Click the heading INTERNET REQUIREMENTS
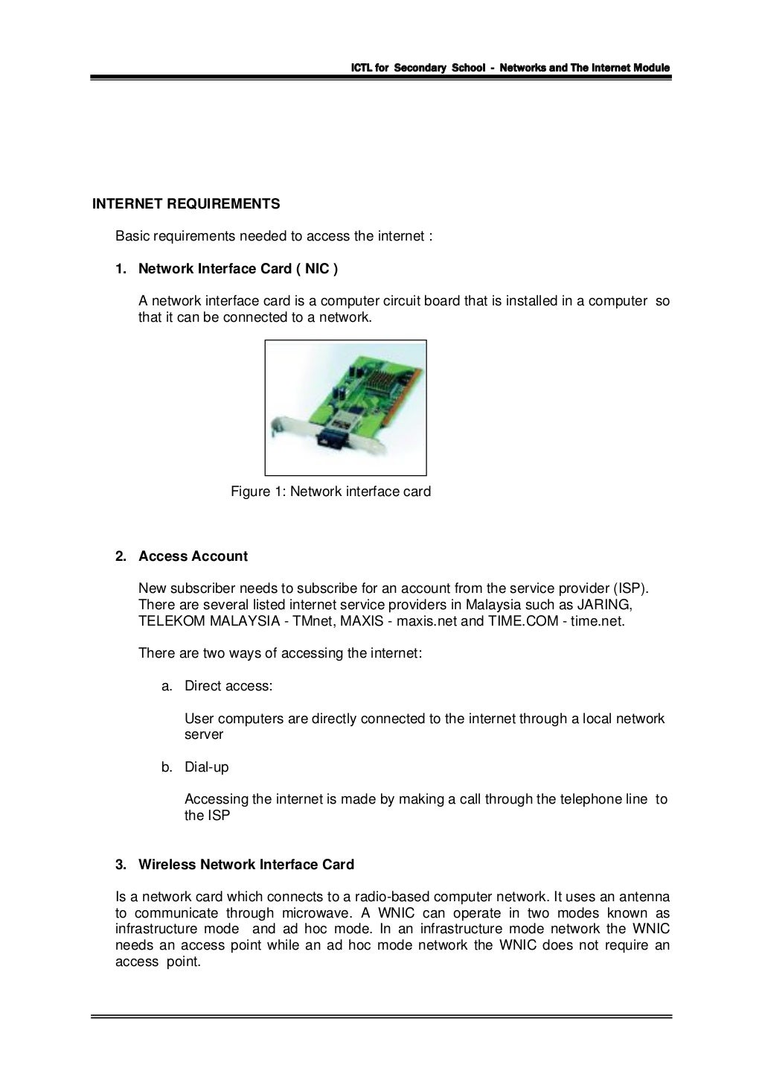[x=186, y=204]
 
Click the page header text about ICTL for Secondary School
[x=510, y=68]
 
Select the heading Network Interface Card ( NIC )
[x=238, y=269]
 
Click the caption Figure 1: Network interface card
[x=330, y=492]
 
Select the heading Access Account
[x=193, y=556]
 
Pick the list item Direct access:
[x=228, y=686]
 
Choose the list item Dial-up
[x=206, y=767]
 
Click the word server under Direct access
[x=204, y=735]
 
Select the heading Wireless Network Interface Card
[x=246, y=865]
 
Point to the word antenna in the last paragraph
[x=644, y=897]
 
